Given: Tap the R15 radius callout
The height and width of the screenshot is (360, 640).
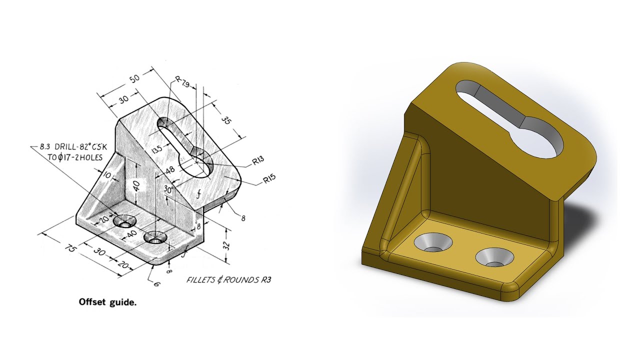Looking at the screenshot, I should (x=270, y=178).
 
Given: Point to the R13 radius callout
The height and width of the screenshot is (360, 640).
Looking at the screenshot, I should (x=258, y=161).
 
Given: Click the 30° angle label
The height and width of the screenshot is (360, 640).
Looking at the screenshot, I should (x=168, y=189).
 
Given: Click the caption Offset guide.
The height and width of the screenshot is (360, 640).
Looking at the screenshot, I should (x=107, y=302).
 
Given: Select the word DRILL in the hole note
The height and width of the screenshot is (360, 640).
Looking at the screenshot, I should (x=70, y=148).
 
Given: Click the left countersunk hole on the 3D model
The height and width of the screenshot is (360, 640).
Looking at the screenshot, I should (x=433, y=243).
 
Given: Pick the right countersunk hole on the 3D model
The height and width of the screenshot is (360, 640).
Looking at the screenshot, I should (x=495, y=257).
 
